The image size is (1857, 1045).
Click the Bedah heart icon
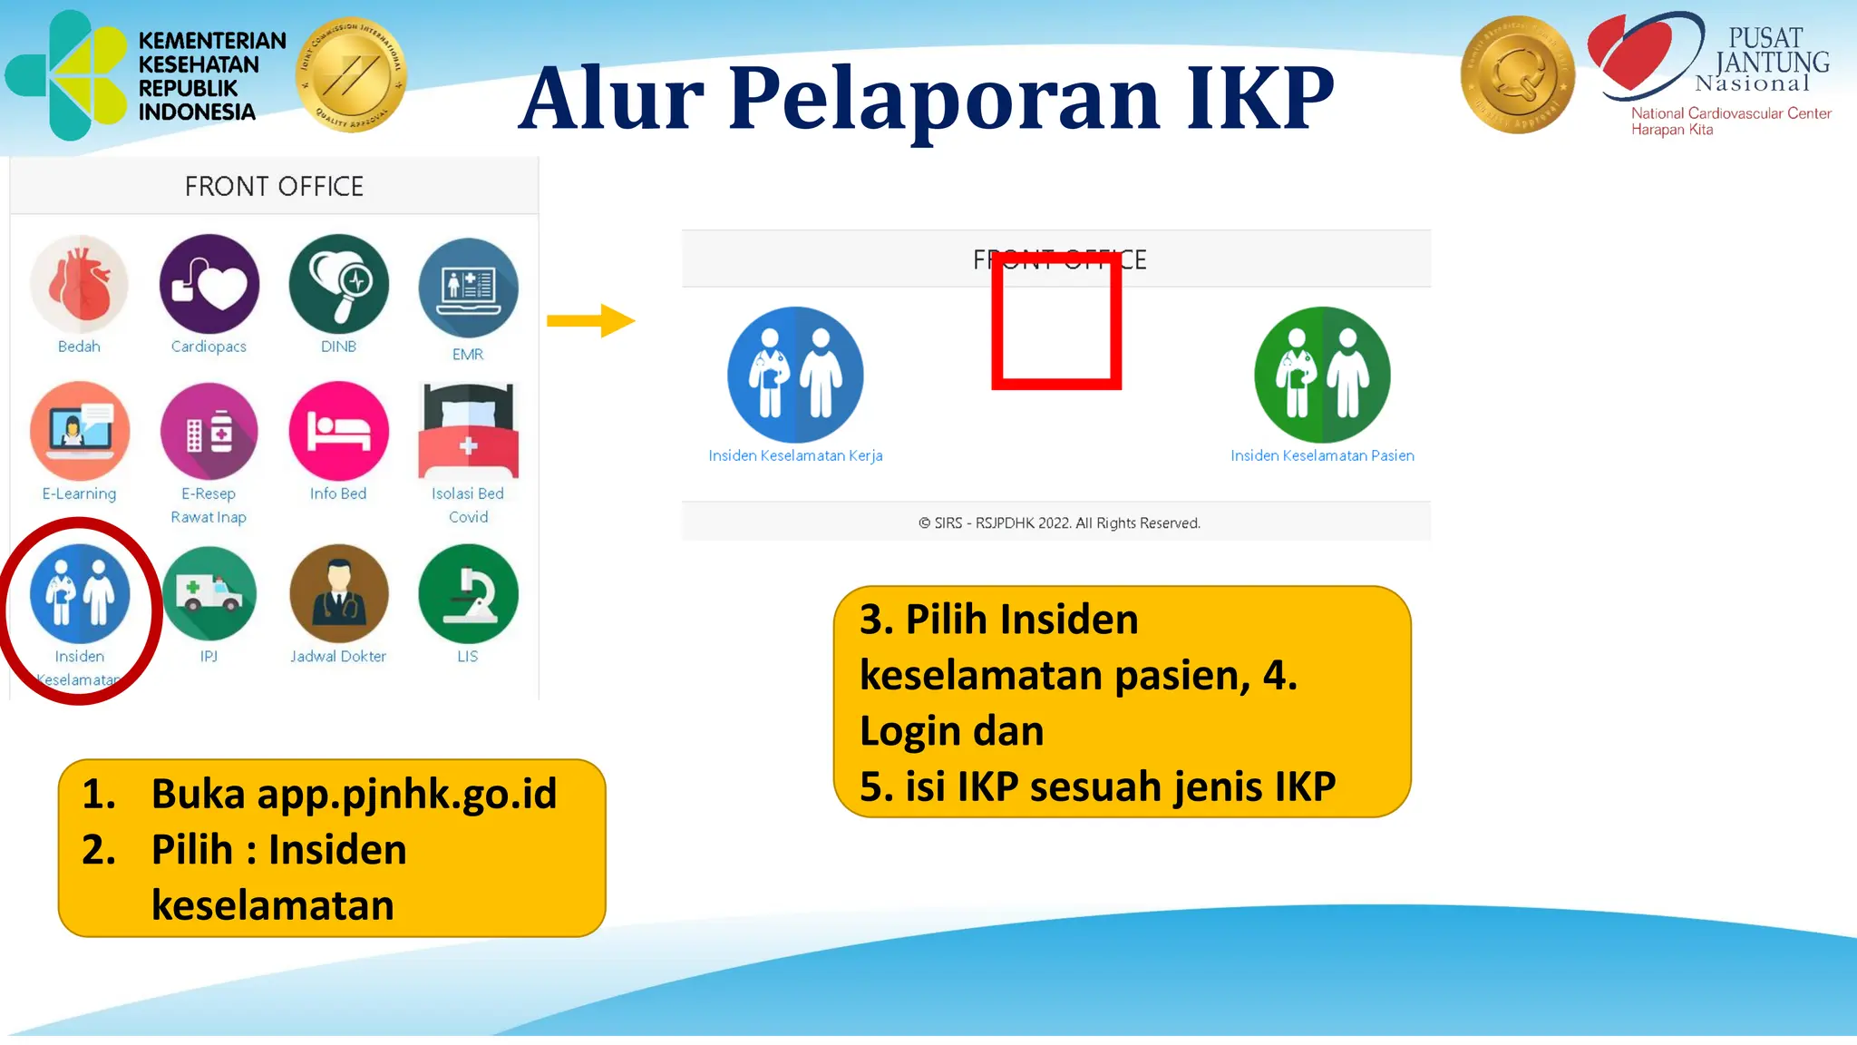point(80,284)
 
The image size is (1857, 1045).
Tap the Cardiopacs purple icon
point(209,284)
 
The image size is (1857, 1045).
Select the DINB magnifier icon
point(339,284)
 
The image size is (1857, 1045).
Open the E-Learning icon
point(80,431)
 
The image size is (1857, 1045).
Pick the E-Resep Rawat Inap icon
point(209,431)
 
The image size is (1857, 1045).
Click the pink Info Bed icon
point(339,431)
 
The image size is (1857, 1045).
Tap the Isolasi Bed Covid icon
point(468,431)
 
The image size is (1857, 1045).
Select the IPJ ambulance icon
point(209,593)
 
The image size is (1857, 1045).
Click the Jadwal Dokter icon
point(339,593)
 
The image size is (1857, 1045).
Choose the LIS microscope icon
point(468,593)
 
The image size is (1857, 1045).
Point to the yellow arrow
point(590,320)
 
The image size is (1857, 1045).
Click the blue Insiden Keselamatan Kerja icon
point(795,375)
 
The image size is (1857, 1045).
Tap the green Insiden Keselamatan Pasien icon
point(1322,375)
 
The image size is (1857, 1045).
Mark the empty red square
point(1056,321)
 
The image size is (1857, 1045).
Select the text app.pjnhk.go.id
point(406,794)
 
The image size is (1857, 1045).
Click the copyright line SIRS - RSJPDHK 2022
point(1059,523)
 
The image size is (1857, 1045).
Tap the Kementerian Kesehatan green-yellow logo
point(68,75)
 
